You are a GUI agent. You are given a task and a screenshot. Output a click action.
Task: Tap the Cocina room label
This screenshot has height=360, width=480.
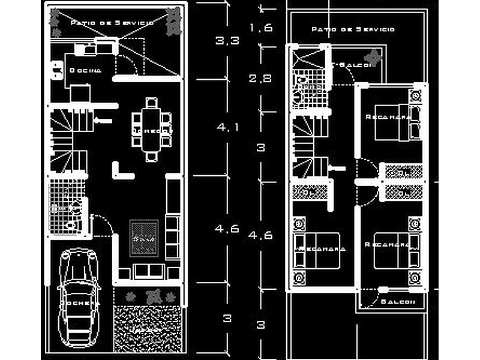coord(86,70)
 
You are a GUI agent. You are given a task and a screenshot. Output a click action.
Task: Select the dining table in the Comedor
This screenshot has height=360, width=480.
coord(152,130)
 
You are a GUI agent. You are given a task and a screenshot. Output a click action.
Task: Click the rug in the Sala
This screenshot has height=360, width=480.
coord(145,238)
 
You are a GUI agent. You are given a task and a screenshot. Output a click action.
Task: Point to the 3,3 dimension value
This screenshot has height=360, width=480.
coord(227,41)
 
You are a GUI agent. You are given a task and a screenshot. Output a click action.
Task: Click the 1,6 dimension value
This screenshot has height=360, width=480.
coord(261,28)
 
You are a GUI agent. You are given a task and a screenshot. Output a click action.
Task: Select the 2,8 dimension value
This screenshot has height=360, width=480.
coord(261,78)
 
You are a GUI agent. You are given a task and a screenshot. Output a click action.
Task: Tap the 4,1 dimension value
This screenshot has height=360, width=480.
coord(227,127)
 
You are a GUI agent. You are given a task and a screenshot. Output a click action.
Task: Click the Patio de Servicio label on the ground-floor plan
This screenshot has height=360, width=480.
coord(112,22)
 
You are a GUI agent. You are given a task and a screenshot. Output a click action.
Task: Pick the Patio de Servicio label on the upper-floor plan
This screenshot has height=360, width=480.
coord(353,29)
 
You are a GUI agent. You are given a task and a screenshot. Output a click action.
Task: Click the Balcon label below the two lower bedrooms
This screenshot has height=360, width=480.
coord(397,302)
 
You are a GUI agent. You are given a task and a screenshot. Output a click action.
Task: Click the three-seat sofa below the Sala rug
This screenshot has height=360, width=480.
coord(148,271)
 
